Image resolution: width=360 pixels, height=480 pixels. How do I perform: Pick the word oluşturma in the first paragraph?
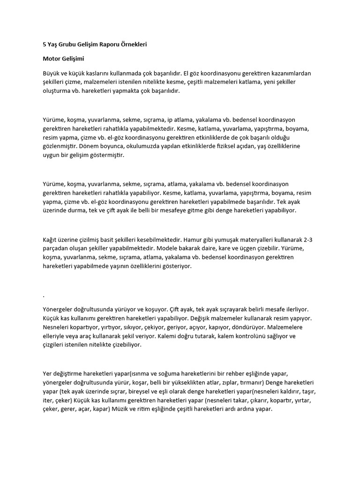(58, 91)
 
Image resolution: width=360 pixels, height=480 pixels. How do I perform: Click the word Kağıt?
(51, 240)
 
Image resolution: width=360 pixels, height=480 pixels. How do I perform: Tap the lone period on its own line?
(44, 296)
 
